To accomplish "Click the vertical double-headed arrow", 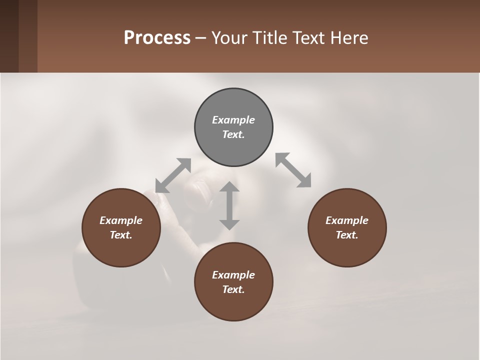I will [x=229, y=205].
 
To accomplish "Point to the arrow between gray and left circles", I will [x=173, y=175].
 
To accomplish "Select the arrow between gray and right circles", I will [x=293, y=170].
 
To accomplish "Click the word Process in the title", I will [x=157, y=38].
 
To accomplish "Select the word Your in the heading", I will [x=228, y=38].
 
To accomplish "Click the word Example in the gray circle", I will [x=233, y=120].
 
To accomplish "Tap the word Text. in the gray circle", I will [x=233, y=134].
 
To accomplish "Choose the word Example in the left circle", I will [x=121, y=220].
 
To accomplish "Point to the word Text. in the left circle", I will [x=121, y=235].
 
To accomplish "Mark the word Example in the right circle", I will [x=347, y=220].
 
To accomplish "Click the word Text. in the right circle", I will [x=347, y=235].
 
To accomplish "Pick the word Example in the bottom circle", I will [x=233, y=275].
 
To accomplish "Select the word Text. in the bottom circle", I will [x=233, y=289].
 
